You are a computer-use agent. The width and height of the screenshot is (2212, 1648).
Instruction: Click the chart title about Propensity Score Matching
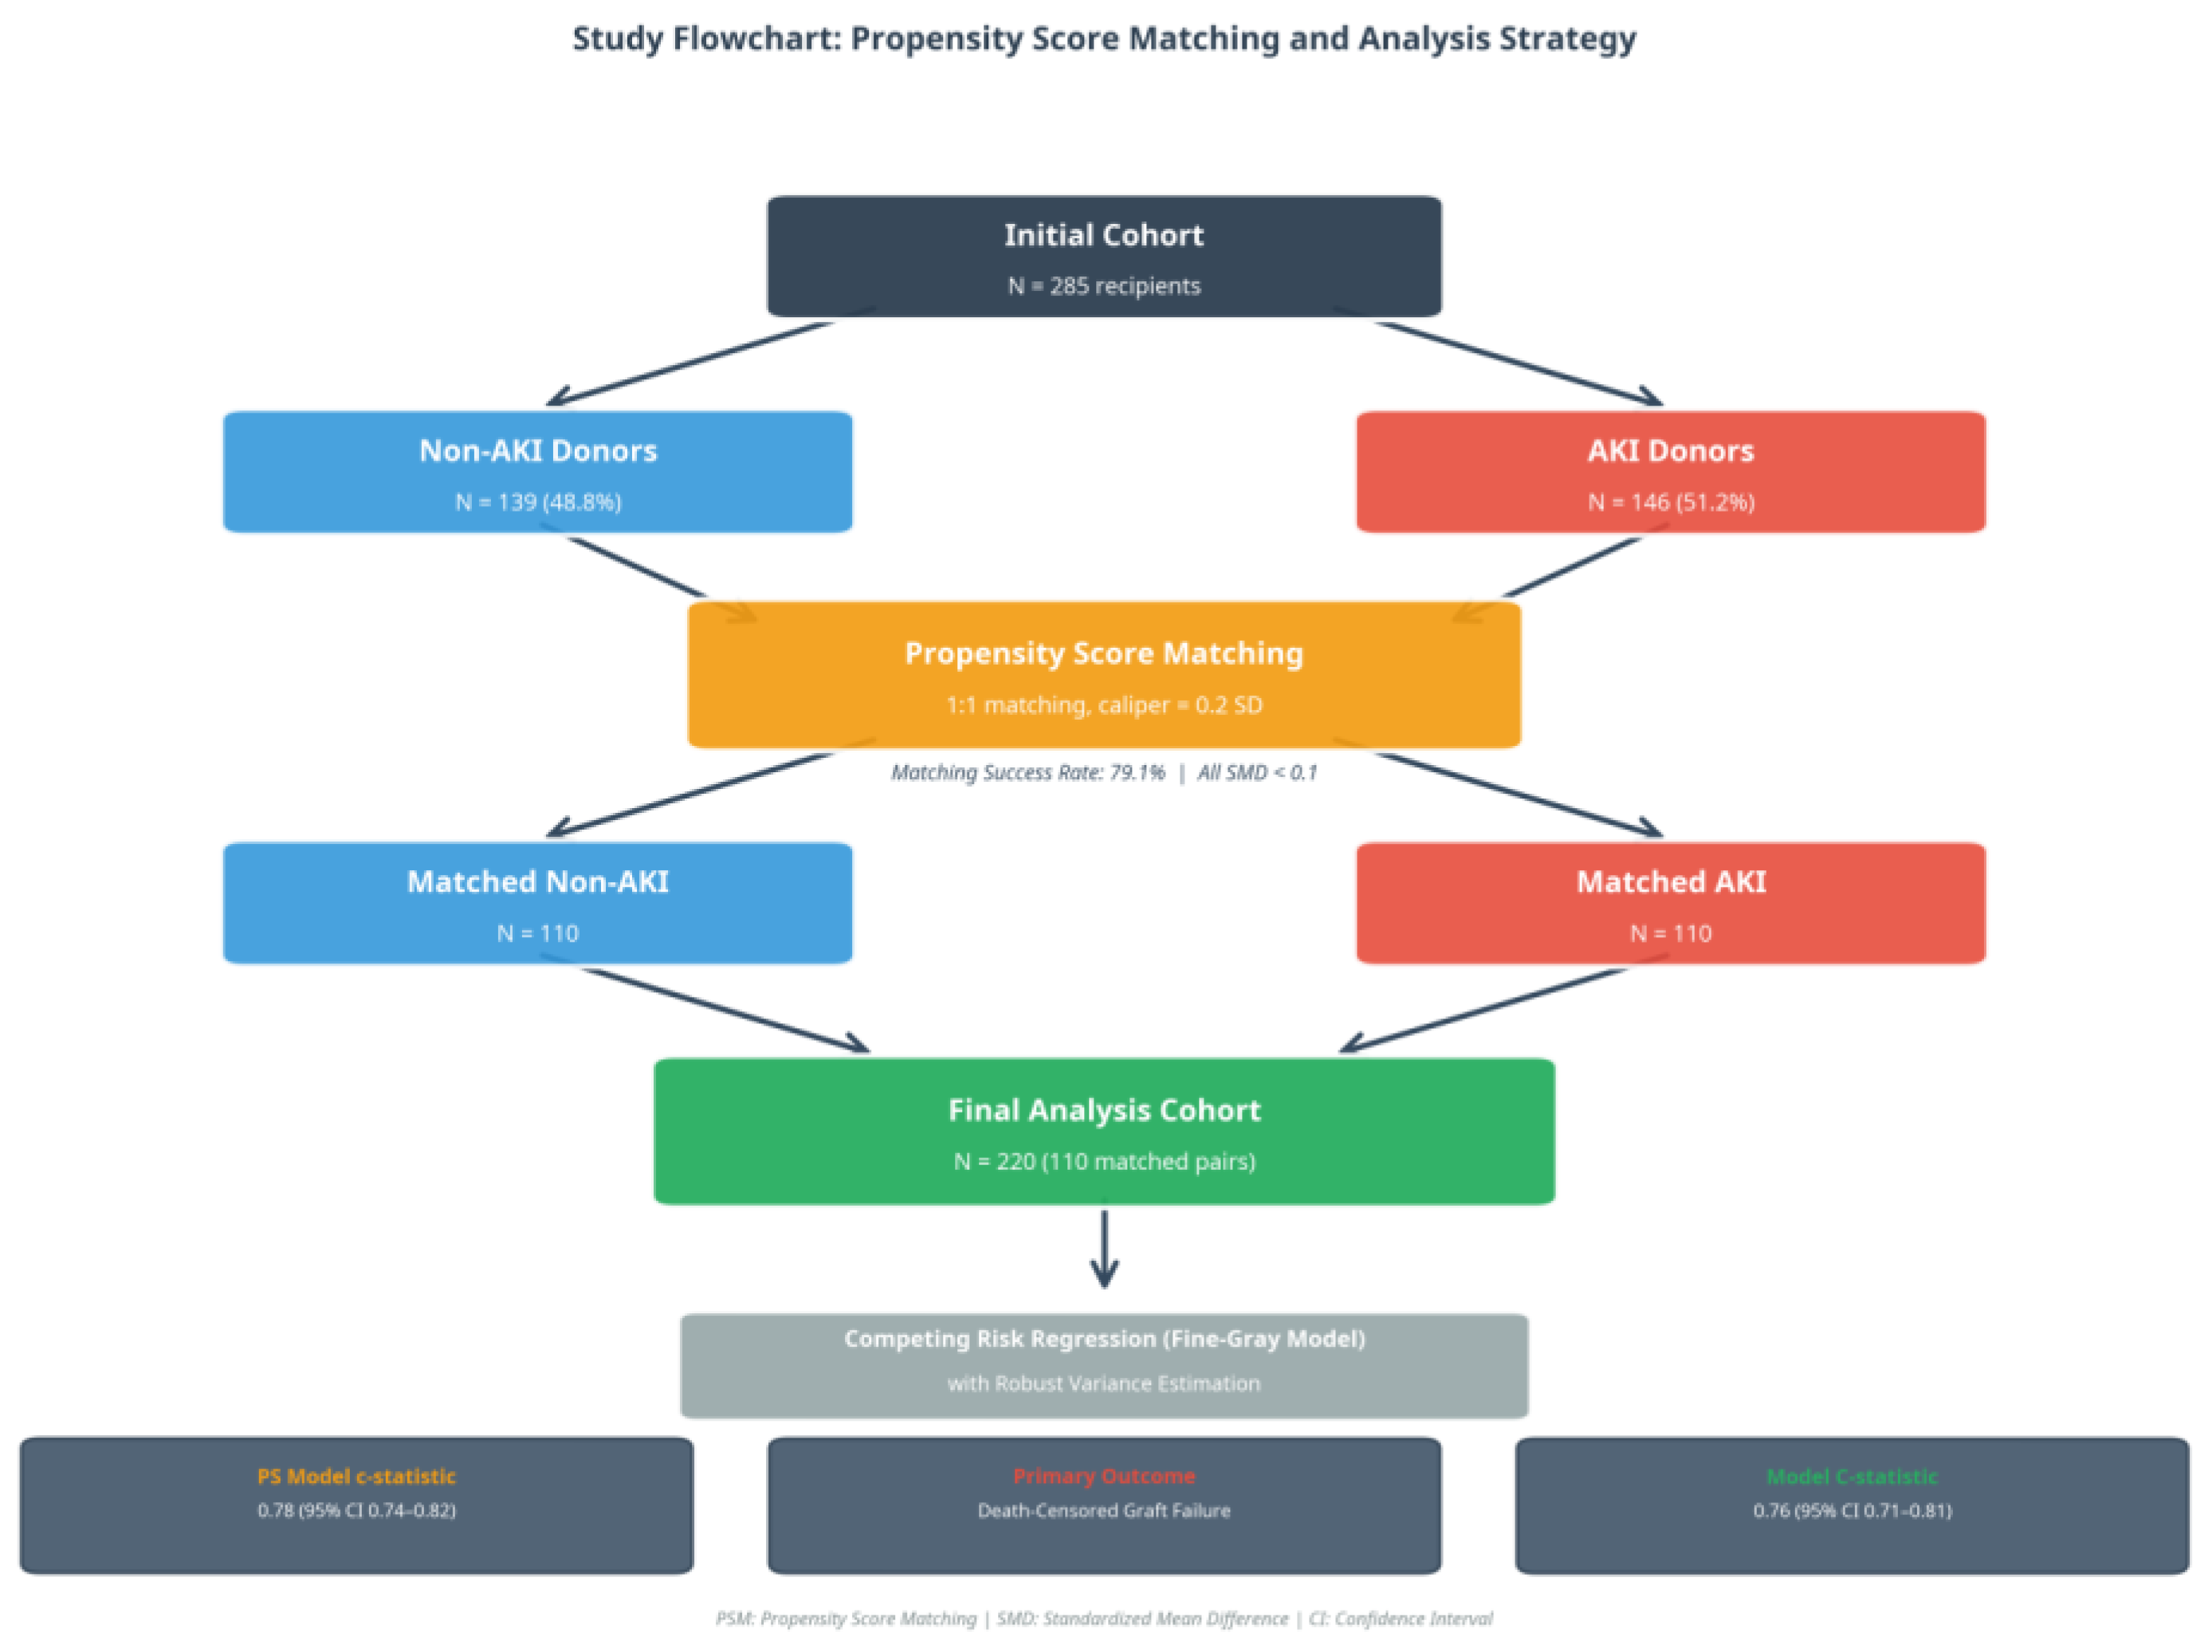point(1103,39)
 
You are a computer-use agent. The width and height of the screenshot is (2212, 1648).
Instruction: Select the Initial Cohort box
point(1103,257)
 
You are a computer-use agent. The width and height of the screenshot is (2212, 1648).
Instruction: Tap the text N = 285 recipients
point(1103,286)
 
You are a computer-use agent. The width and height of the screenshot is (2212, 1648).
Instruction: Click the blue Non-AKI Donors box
point(538,472)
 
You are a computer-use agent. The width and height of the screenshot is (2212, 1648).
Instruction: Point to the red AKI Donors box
point(1670,472)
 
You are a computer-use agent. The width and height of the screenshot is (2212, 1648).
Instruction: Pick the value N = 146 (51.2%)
point(1670,502)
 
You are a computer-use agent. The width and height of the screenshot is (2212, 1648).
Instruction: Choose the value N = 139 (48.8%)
point(538,502)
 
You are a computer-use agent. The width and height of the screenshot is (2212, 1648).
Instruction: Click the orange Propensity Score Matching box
point(1103,674)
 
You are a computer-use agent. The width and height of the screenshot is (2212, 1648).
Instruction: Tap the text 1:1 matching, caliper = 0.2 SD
point(1103,705)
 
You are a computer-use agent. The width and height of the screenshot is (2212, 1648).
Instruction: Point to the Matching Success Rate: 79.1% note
point(1027,772)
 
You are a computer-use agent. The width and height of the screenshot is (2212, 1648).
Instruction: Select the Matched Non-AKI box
point(538,903)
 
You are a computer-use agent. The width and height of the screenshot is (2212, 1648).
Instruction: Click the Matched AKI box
point(1670,903)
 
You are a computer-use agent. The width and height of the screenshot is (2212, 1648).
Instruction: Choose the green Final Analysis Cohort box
point(1103,1132)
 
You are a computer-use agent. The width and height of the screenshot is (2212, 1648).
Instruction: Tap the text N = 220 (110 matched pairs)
point(1103,1161)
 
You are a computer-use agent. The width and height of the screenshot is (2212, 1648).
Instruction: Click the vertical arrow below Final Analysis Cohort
point(1103,1249)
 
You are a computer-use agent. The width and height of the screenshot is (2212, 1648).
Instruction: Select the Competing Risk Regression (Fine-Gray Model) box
point(1103,1366)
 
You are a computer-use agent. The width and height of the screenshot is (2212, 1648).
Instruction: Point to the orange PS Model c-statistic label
point(356,1477)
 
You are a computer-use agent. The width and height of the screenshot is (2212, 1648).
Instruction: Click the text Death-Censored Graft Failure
point(1103,1510)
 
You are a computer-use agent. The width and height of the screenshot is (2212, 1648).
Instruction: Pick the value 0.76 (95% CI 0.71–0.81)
point(1852,1510)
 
